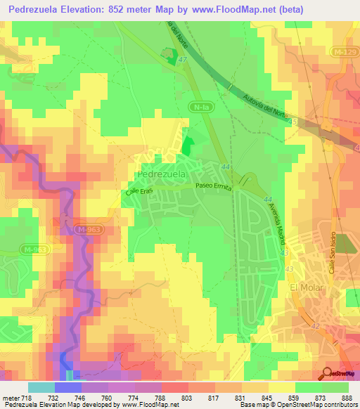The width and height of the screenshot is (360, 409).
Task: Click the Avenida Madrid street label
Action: point(277,226)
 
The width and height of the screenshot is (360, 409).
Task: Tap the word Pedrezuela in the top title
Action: point(38,10)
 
